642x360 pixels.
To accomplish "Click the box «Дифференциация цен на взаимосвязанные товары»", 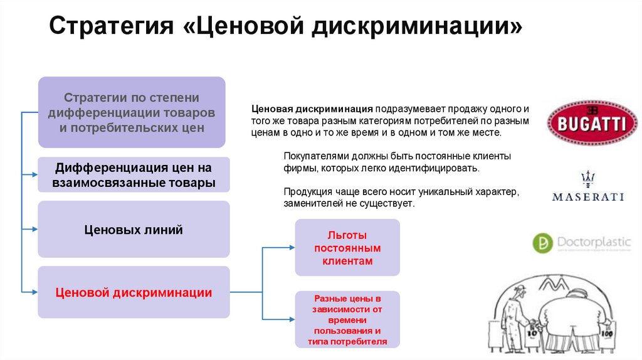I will tap(134, 175).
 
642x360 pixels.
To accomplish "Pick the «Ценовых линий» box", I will tap(134, 230).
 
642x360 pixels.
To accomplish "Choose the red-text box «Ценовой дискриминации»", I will tap(134, 292).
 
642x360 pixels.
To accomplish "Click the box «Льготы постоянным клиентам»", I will tap(347, 248).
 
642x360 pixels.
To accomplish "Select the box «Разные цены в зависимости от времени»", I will tap(347, 320).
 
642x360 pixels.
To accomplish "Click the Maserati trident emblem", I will tap(587, 179).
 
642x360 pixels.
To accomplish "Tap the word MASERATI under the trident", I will tap(587, 197).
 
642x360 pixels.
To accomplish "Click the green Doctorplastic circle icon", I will tap(542, 243).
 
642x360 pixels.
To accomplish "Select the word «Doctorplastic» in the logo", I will tap(592, 241).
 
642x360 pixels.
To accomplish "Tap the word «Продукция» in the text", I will tap(305, 191).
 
